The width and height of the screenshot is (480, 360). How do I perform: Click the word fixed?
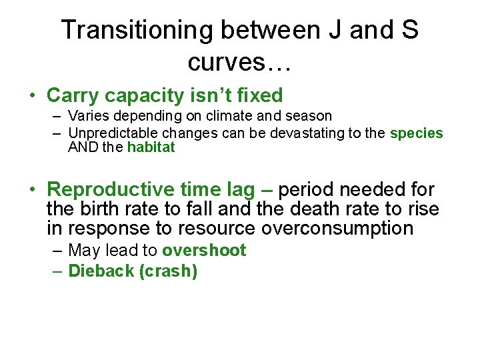(256, 95)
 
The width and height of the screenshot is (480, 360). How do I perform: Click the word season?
(309, 116)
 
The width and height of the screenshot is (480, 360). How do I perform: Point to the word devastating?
(307, 133)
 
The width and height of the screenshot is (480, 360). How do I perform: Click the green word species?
(416, 133)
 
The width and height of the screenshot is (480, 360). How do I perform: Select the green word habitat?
(151, 147)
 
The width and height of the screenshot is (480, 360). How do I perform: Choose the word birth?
(101, 209)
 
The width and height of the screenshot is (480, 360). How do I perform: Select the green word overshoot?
(204, 251)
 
